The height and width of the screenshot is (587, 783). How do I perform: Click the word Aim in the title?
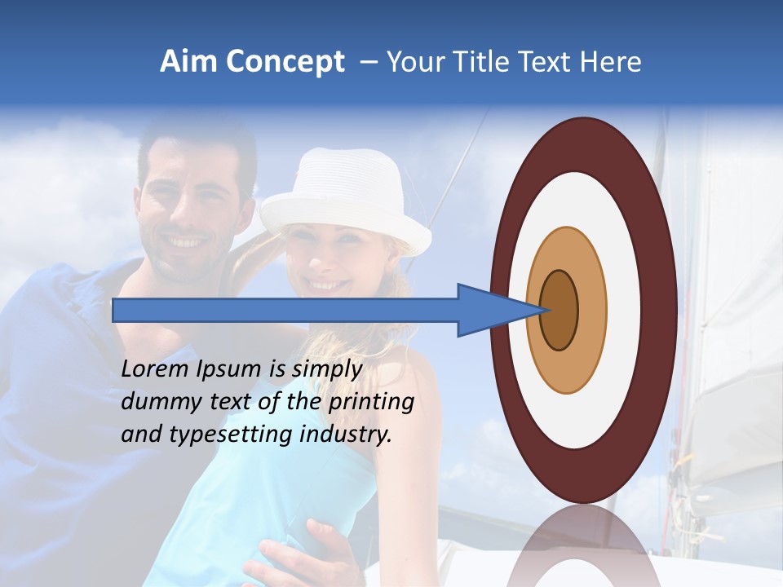tap(185, 62)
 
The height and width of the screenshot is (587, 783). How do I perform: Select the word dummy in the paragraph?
tap(157, 403)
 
